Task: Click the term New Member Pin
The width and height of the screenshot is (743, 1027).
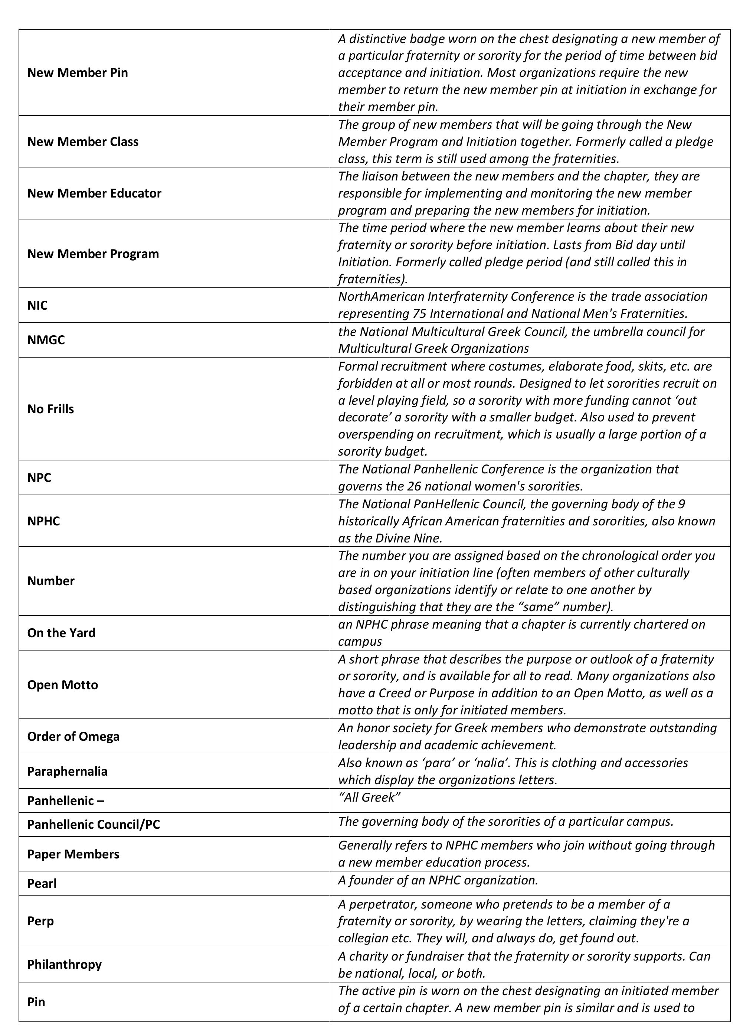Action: click(77, 72)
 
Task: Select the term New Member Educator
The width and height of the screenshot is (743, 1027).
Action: click(94, 193)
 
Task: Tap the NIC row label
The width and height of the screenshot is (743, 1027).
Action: click(37, 305)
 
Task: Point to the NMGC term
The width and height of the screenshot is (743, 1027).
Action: click(46, 340)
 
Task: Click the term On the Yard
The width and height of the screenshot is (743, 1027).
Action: click(61, 633)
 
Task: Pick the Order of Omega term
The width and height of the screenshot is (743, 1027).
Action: click(73, 736)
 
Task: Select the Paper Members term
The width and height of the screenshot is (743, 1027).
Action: click(73, 854)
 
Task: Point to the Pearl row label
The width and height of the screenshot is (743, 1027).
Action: click(42, 883)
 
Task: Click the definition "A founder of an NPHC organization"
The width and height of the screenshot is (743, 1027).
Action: click(438, 880)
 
